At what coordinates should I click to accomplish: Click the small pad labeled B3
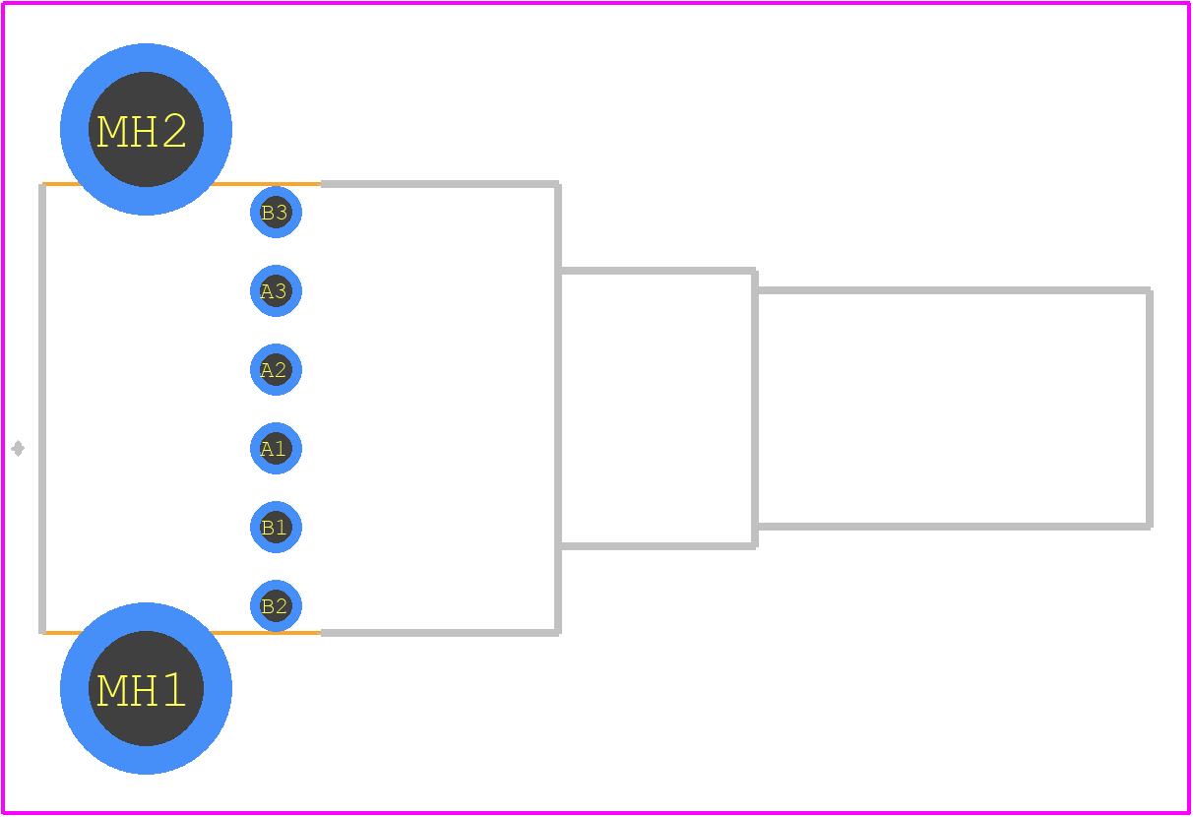click(276, 212)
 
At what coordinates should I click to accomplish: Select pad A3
click(276, 290)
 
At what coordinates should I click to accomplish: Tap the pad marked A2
click(276, 370)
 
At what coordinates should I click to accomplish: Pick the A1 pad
click(276, 449)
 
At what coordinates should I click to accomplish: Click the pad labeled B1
click(276, 528)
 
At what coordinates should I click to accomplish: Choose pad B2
click(276, 606)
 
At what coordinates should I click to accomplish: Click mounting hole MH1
click(146, 689)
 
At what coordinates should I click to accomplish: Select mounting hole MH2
click(146, 129)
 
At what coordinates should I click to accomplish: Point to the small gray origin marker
click(18, 449)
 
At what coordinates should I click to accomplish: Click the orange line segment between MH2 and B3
click(267, 184)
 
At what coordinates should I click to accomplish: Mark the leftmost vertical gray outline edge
click(42, 408)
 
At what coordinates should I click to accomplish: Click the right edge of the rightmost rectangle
click(1150, 408)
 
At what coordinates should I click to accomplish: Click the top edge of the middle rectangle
click(657, 271)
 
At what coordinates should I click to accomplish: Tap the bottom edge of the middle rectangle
click(657, 546)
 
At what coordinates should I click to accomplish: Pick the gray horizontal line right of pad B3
click(440, 184)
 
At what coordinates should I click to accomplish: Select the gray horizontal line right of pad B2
click(440, 633)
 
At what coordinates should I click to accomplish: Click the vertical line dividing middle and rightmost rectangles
click(755, 408)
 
